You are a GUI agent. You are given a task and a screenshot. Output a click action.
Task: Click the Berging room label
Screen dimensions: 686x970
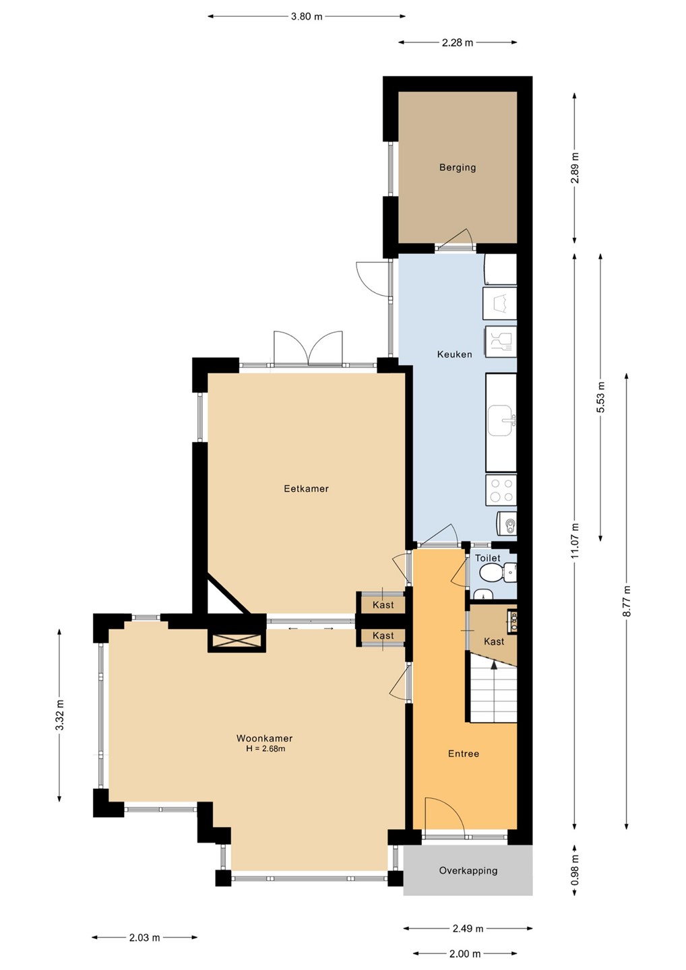click(x=458, y=167)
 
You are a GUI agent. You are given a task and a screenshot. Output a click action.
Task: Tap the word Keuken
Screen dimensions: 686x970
click(x=454, y=354)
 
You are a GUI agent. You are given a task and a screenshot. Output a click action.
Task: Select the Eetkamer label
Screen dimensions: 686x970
click(x=306, y=488)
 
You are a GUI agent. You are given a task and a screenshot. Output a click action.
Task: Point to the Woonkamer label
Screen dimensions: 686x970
click(x=264, y=738)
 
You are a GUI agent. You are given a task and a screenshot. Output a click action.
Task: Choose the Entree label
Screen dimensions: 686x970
click(x=464, y=754)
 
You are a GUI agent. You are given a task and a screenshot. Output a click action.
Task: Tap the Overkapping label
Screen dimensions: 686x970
click(x=468, y=870)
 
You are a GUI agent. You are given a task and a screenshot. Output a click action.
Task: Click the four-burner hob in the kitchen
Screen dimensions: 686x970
click(x=501, y=490)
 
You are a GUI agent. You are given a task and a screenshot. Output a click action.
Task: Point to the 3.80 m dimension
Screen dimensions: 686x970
click(x=307, y=17)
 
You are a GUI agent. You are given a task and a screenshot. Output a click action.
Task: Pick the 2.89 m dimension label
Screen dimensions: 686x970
click(x=575, y=168)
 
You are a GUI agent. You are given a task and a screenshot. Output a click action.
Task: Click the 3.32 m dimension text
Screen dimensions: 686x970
click(x=60, y=715)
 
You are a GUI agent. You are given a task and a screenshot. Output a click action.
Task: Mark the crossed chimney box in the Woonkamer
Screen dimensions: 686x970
click(x=236, y=641)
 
